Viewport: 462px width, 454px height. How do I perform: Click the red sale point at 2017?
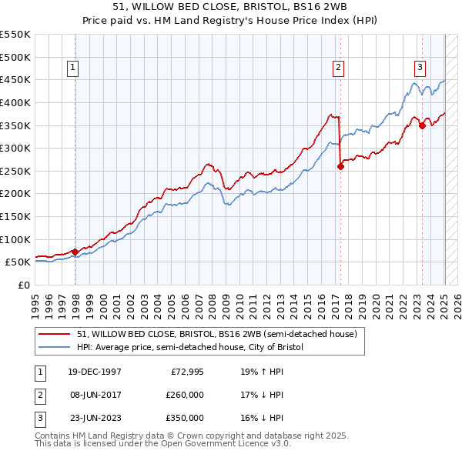(x=340, y=165)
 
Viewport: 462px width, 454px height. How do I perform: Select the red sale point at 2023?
(x=422, y=126)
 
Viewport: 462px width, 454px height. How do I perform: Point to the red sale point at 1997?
(x=75, y=252)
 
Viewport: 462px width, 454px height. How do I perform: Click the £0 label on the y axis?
(x=22, y=285)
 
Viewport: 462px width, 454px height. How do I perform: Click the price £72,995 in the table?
(x=186, y=371)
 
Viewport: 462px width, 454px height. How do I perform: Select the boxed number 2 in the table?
(x=38, y=395)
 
